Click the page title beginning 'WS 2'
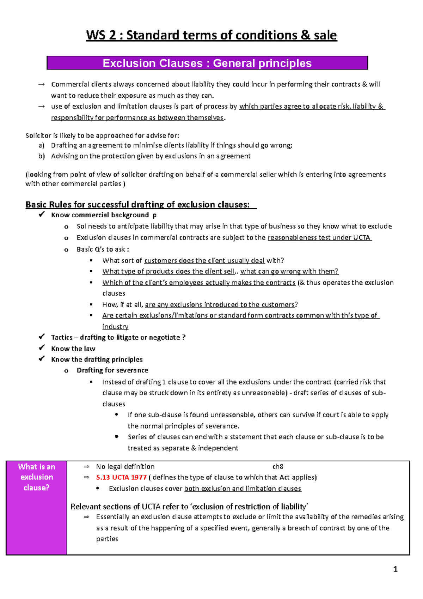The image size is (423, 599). coord(211,36)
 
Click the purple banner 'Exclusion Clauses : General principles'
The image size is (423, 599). coord(207,63)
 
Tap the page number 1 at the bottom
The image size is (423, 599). coord(395,569)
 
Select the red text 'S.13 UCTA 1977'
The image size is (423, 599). coord(121,477)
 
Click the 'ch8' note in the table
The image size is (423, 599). coord(277,466)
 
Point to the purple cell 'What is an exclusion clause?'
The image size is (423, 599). coord(36,477)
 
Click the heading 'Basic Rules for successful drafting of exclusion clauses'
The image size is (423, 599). coord(137,205)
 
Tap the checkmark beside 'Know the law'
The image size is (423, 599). coord(42,348)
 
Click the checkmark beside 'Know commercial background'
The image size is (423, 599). coord(42,214)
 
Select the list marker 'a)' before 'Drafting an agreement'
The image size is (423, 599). coord(42,145)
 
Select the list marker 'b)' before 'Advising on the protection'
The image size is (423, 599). coord(42,156)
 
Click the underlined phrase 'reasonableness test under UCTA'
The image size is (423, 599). coord(319,237)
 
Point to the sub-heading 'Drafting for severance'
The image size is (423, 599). coord(112,370)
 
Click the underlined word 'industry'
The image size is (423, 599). coord(115,327)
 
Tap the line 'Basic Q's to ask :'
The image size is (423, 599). coord(103,249)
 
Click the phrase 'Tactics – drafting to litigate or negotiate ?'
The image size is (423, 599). coord(118,337)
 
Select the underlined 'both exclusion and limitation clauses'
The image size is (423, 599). coord(243,489)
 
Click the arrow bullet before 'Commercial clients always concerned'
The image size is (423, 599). coord(42,84)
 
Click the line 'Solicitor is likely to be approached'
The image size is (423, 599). coord(102,135)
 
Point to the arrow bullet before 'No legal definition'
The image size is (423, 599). coord(86,466)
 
